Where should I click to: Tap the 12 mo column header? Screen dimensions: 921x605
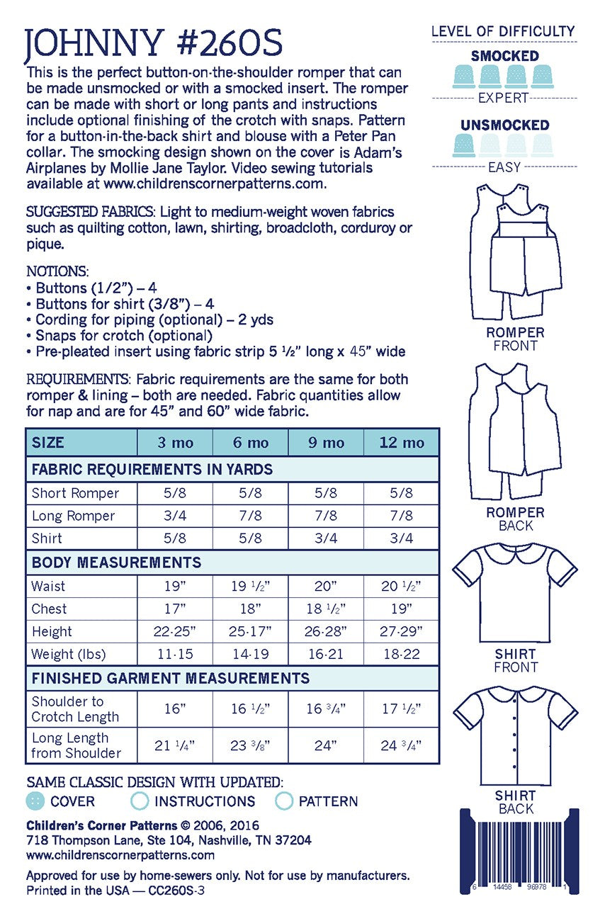coord(401,443)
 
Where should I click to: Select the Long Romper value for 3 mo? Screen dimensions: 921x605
coord(174,516)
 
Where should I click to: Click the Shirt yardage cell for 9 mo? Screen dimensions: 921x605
coord(326,538)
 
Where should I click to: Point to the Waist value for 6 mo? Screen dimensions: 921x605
coord(250,587)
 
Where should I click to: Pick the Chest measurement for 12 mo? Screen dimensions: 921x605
coord(401,609)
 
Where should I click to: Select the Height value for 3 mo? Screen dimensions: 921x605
coord(174,632)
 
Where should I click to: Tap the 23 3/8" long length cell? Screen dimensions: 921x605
coord(250,746)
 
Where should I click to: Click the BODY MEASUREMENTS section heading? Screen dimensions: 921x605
coord(116,563)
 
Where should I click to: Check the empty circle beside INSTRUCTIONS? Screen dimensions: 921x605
coord(140,801)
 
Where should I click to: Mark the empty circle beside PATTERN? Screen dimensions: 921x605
coord(284,801)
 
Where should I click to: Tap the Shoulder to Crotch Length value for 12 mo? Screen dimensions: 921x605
coord(401,709)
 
